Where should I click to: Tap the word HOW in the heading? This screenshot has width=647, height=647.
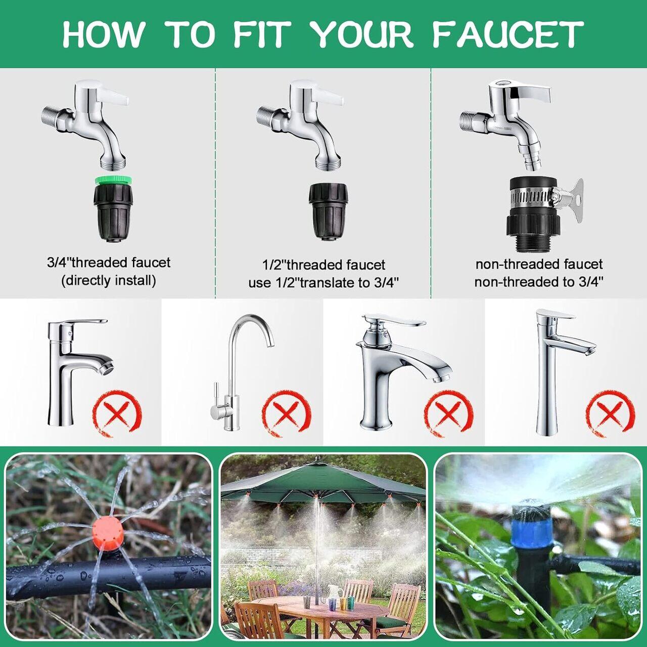pyautogui.click(x=102, y=34)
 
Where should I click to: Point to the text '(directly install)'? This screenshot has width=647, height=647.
pyautogui.click(x=109, y=281)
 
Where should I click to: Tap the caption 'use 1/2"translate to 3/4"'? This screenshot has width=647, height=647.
pyautogui.click(x=323, y=283)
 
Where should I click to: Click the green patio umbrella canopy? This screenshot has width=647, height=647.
pyautogui.click(x=323, y=485)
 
